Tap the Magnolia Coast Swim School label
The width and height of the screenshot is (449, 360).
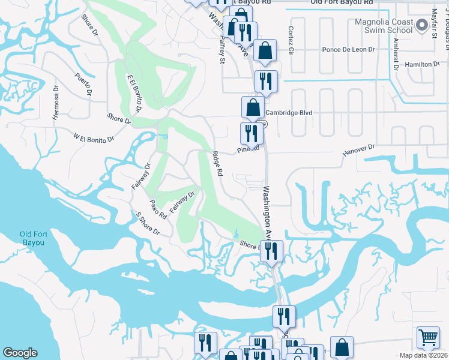(x=384, y=26)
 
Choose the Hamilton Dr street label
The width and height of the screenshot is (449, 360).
(x=423, y=64)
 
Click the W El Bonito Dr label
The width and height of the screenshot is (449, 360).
(x=94, y=139)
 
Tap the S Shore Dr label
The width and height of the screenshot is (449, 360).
(x=148, y=223)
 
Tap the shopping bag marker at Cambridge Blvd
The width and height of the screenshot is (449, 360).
(x=253, y=107)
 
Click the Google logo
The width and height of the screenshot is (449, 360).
(x=20, y=353)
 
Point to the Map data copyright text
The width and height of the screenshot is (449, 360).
(x=423, y=355)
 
